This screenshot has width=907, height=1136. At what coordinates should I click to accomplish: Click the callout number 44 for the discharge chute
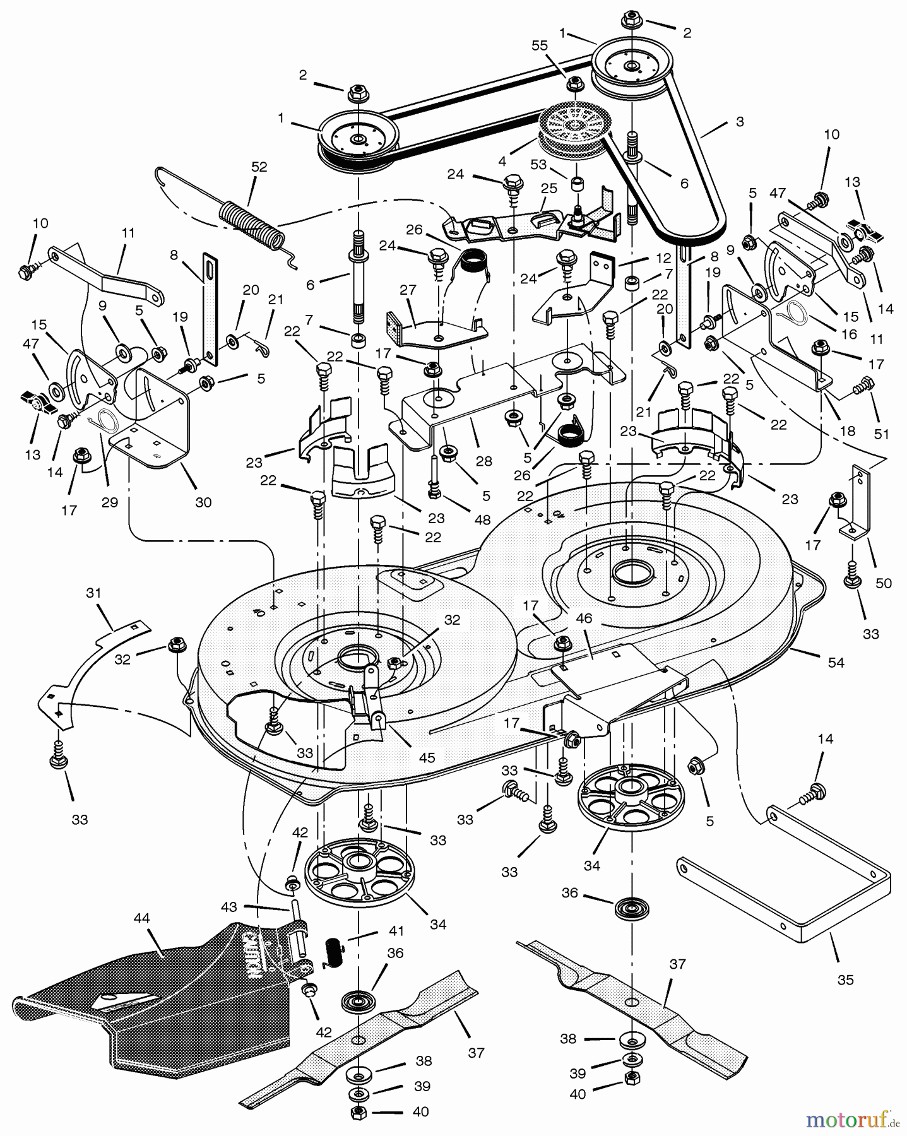pos(141,918)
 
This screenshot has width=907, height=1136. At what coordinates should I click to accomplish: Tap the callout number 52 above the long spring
pos(259,167)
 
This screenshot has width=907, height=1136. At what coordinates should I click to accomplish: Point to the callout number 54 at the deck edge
pos(836,662)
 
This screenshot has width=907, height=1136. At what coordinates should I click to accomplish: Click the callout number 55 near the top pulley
pos(539,46)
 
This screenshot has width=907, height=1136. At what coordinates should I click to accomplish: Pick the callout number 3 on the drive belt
pos(740,121)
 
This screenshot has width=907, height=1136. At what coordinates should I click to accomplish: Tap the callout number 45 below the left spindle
pos(427,757)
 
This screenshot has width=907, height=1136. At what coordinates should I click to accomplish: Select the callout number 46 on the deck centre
pos(584,618)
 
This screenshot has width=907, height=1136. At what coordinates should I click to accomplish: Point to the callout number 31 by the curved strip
pos(93,593)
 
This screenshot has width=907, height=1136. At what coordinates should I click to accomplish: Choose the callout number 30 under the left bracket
pos(203,502)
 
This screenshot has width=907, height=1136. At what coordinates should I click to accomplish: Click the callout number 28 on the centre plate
pos(484,461)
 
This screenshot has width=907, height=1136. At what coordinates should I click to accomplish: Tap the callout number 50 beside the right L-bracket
pos(884,583)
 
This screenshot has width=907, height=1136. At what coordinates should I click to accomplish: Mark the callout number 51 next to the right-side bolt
pos(881,434)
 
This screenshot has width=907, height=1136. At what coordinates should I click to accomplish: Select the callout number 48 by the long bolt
pos(482,520)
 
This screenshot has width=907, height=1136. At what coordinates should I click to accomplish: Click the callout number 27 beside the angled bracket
pos(408,290)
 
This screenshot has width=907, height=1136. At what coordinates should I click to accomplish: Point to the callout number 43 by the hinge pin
pos(228,907)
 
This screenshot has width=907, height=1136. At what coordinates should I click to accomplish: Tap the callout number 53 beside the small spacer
pos(538,165)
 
